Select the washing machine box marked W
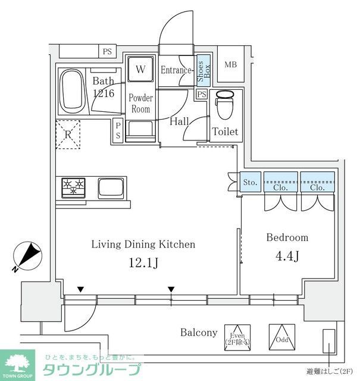point(140,69)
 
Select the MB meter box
point(229,65)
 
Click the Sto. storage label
point(251,183)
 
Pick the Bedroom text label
point(287,238)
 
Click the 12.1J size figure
point(143,262)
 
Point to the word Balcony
point(199,332)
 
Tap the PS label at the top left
point(107,52)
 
